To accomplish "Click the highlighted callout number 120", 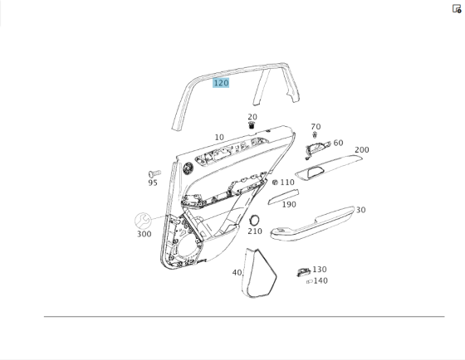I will point(221,83).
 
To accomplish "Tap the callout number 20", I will point(252,118).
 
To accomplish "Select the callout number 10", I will point(219,138).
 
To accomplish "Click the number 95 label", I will point(153,183).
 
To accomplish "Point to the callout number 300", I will point(144,234).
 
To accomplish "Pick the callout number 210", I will point(255,231).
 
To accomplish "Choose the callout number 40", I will point(237,272).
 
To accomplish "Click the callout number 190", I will point(289,204).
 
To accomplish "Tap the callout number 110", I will point(287,182).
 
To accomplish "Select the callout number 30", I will point(360,210).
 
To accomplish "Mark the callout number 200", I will point(362,150).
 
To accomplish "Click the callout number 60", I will point(338,144).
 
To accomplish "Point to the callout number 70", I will point(316,127).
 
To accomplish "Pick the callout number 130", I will point(320,270).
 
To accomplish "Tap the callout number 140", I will point(321,280).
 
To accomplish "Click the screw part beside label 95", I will point(153,174).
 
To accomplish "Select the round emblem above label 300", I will point(144,221).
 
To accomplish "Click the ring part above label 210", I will point(255,220).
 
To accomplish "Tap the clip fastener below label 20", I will point(252,125).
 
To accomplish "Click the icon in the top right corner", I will point(457,8).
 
